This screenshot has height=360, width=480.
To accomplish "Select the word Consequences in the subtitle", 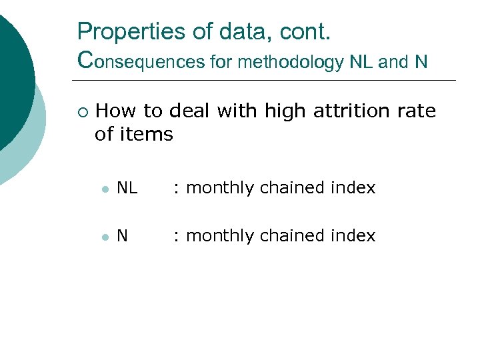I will coord(140,61).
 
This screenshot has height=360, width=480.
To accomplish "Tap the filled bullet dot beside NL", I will coord(105,189).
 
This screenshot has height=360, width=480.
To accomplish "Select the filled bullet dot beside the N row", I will coord(105,237).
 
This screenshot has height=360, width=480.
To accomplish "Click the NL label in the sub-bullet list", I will coord(127,189).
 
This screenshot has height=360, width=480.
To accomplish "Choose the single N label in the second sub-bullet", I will coord(122,236).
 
